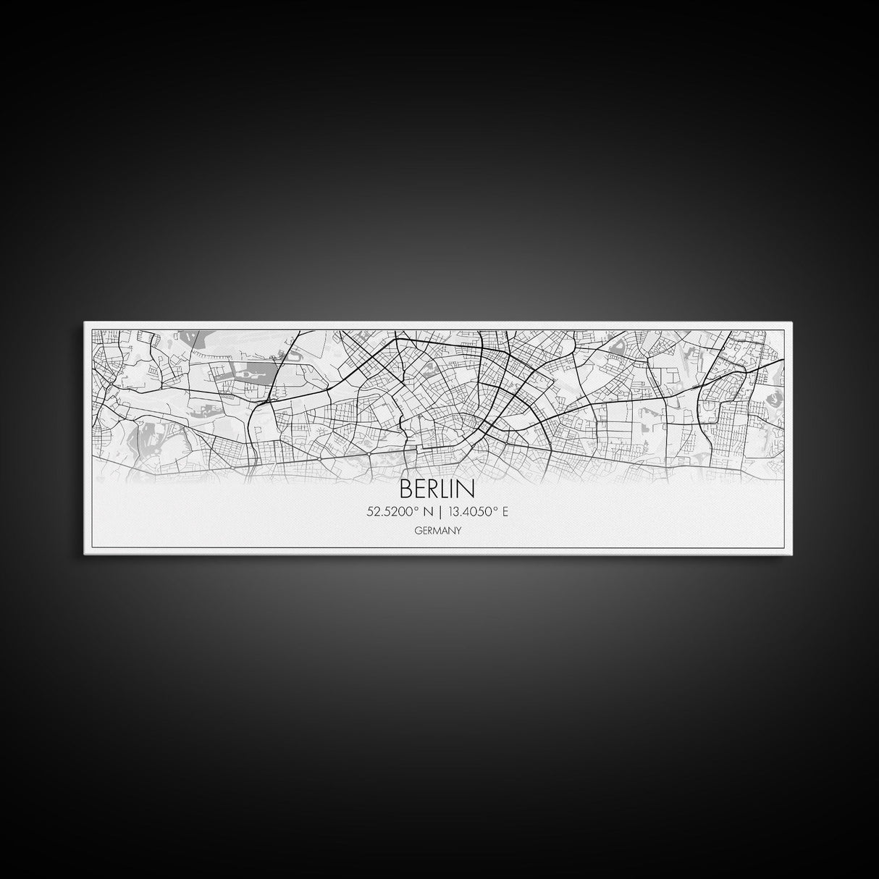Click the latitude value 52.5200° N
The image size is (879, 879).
(x=400, y=512)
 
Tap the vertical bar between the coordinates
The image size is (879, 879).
(x=439, y=512)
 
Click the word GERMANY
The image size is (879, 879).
(x=438, y=530)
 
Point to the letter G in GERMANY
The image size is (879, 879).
(x=419, y=530)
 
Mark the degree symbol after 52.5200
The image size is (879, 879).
(x=414, y=509)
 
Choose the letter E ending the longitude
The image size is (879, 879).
(x=505, y=512)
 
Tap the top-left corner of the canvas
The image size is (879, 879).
(x=85, y=322)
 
